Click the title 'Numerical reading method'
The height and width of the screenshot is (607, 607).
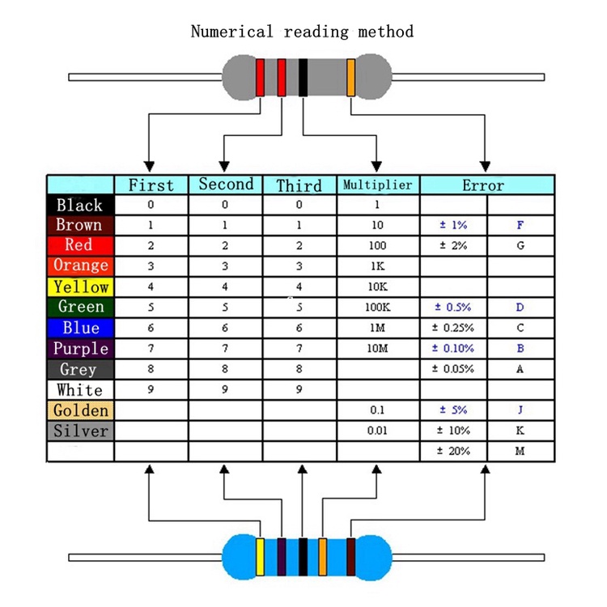(x=302, y=32)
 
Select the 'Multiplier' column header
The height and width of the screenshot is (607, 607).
(x=378, y=185)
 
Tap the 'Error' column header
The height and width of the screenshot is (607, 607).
(x=483, y=185)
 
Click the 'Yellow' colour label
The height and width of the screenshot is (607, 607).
(x=80, y=287)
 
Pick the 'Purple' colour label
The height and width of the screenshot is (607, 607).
(x=80, y=349)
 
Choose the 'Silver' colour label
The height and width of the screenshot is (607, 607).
(x=80, y=431)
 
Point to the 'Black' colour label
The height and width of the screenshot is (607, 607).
(x=80, y=205)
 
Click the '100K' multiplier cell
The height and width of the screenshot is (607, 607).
(x=378, y=308)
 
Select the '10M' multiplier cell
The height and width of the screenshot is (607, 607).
(x=378, y=349)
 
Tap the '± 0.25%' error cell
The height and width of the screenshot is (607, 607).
(x=452, y=328)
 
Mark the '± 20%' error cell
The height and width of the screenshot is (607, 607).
(x=453, y=451)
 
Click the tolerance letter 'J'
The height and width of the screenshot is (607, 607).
(x=520, y=410)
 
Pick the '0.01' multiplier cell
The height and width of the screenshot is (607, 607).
(x=378, y=431)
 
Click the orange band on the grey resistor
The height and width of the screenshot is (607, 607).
(x=351, y=77)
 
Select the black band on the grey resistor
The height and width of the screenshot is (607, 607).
(x=303, y=77)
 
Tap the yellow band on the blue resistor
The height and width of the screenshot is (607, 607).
(x=261, y=557)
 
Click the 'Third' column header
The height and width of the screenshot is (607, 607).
(x=299, y=185)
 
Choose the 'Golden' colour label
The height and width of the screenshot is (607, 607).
(x=80, y=410)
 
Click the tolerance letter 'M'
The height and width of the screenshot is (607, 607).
(x=520, y=451)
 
